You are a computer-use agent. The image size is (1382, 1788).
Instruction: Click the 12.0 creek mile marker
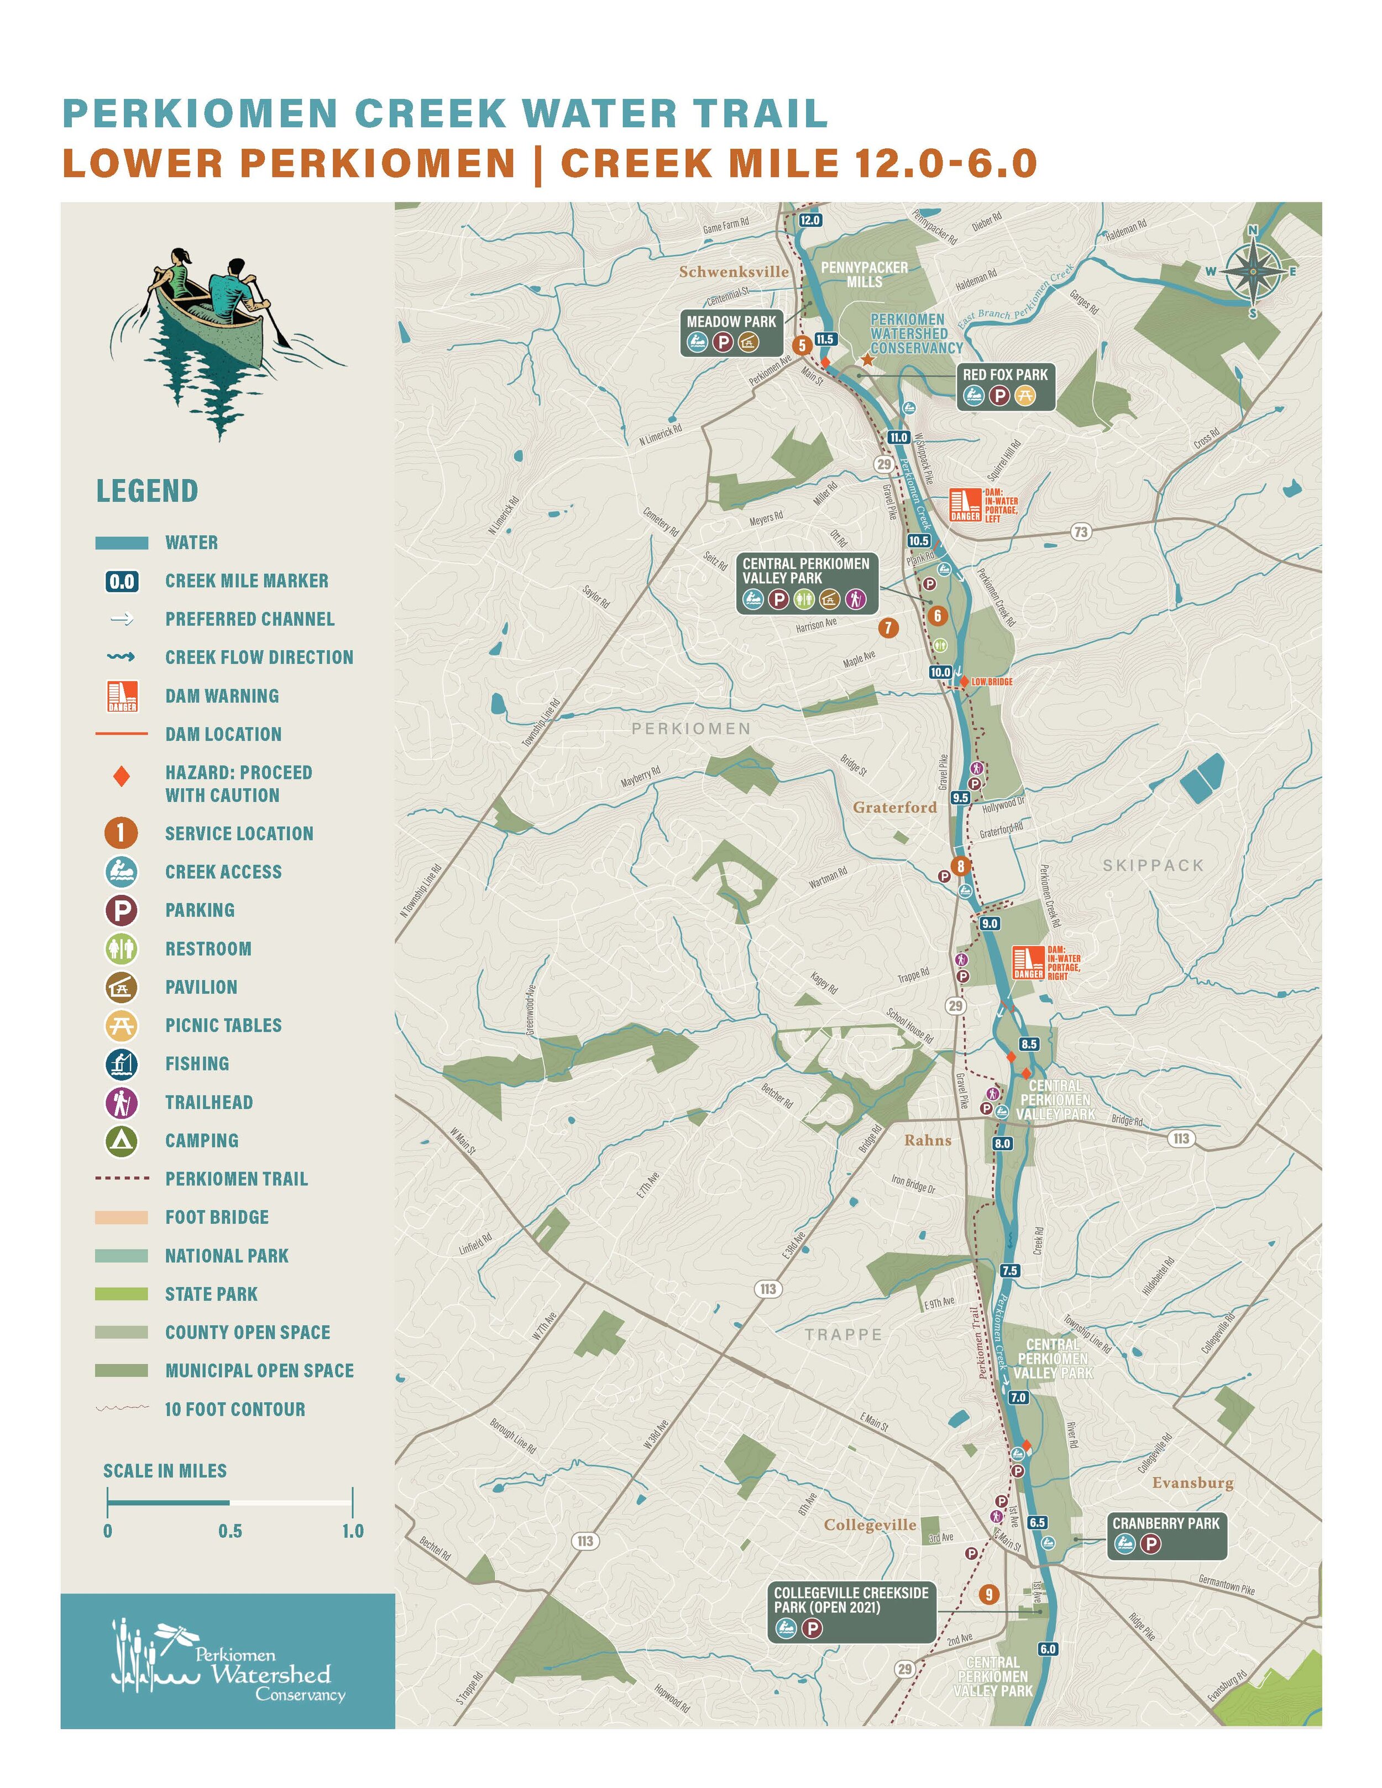click(x=809, y=220)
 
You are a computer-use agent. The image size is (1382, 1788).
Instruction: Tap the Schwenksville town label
click(x=734, y=272)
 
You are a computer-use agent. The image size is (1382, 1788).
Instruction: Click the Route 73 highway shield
click(x=1081, y=532)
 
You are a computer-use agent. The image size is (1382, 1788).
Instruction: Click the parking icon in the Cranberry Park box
click(x=1150, y=1544)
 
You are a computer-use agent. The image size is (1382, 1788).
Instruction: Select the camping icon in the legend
click(x=121, y=1140)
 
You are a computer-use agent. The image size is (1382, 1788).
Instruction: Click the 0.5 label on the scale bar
click(x=230, y=1531)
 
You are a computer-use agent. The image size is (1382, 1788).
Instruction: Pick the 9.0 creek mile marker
click(x=990, y=924)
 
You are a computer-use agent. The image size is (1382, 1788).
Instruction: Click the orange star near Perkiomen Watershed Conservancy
click(x=867, y=359)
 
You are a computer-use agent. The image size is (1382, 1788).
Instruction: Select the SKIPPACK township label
click(x=1153, y=866)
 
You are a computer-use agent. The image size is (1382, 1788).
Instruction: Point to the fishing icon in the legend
click(x=121, y=1063)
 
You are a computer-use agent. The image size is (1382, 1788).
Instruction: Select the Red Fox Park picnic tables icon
click(x=1024, y=396)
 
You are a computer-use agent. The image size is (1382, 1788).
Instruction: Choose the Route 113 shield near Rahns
click(x=1181, y=1139)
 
